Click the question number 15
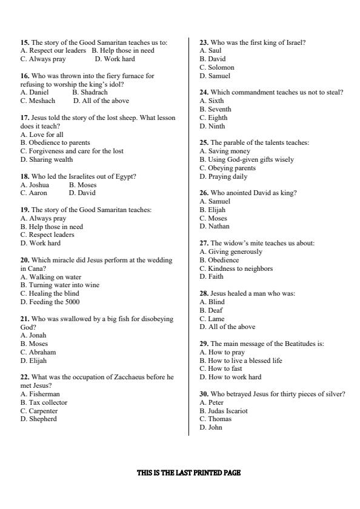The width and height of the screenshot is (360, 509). click(25, 42)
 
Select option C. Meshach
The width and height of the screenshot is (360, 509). click(38, 101)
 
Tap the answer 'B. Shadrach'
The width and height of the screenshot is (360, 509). click(90, 93)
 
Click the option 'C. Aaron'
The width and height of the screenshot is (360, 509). click(34, 193)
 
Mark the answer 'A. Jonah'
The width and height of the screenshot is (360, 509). click(33, 335)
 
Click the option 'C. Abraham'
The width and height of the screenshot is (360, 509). click(38, 352)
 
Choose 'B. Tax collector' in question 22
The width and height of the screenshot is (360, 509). click(44, 402)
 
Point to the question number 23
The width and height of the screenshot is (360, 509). click(204, 42)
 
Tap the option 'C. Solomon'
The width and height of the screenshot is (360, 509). click(217, 68)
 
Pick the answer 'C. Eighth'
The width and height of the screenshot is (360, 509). click(213, 118)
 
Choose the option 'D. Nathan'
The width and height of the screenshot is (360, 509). click(215, 227)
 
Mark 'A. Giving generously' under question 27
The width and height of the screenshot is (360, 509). click(231, 251)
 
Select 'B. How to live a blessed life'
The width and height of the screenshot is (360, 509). click(241, 361)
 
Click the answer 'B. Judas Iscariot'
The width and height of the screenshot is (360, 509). click(224, 411)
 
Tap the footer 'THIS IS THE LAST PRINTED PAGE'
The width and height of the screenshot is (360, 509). click(188, 473)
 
